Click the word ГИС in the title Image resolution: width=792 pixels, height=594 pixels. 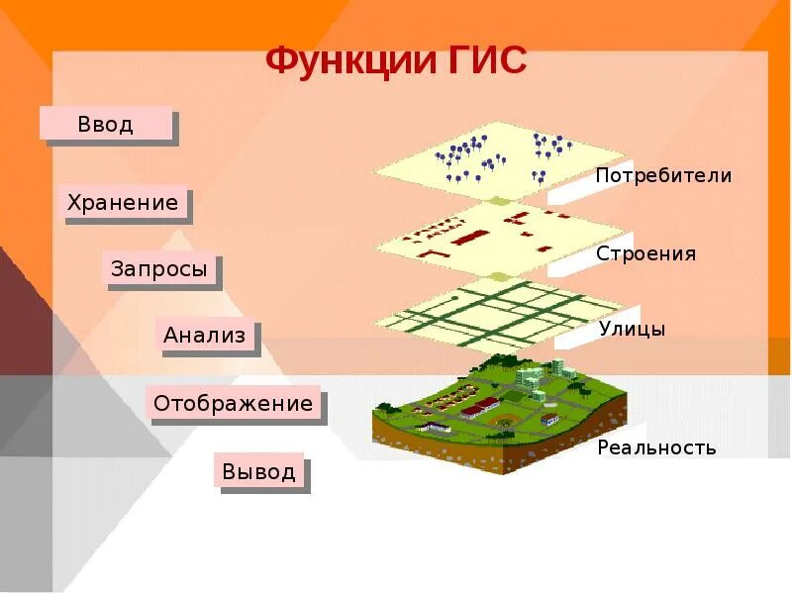485,61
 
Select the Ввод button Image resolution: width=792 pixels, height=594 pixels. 106,125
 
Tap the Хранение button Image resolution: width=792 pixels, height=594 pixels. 123,204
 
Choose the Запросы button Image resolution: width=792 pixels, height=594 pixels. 159,269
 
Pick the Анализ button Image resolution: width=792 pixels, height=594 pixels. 205,336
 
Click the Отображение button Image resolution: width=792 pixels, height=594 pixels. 233,404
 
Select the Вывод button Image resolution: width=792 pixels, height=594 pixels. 258,471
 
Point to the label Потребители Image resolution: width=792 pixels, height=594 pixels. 663,176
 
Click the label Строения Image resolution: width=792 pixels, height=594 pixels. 645,253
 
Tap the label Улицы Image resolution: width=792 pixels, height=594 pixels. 632,329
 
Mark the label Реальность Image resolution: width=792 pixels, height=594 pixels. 655,447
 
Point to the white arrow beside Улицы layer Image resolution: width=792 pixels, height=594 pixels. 574,335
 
